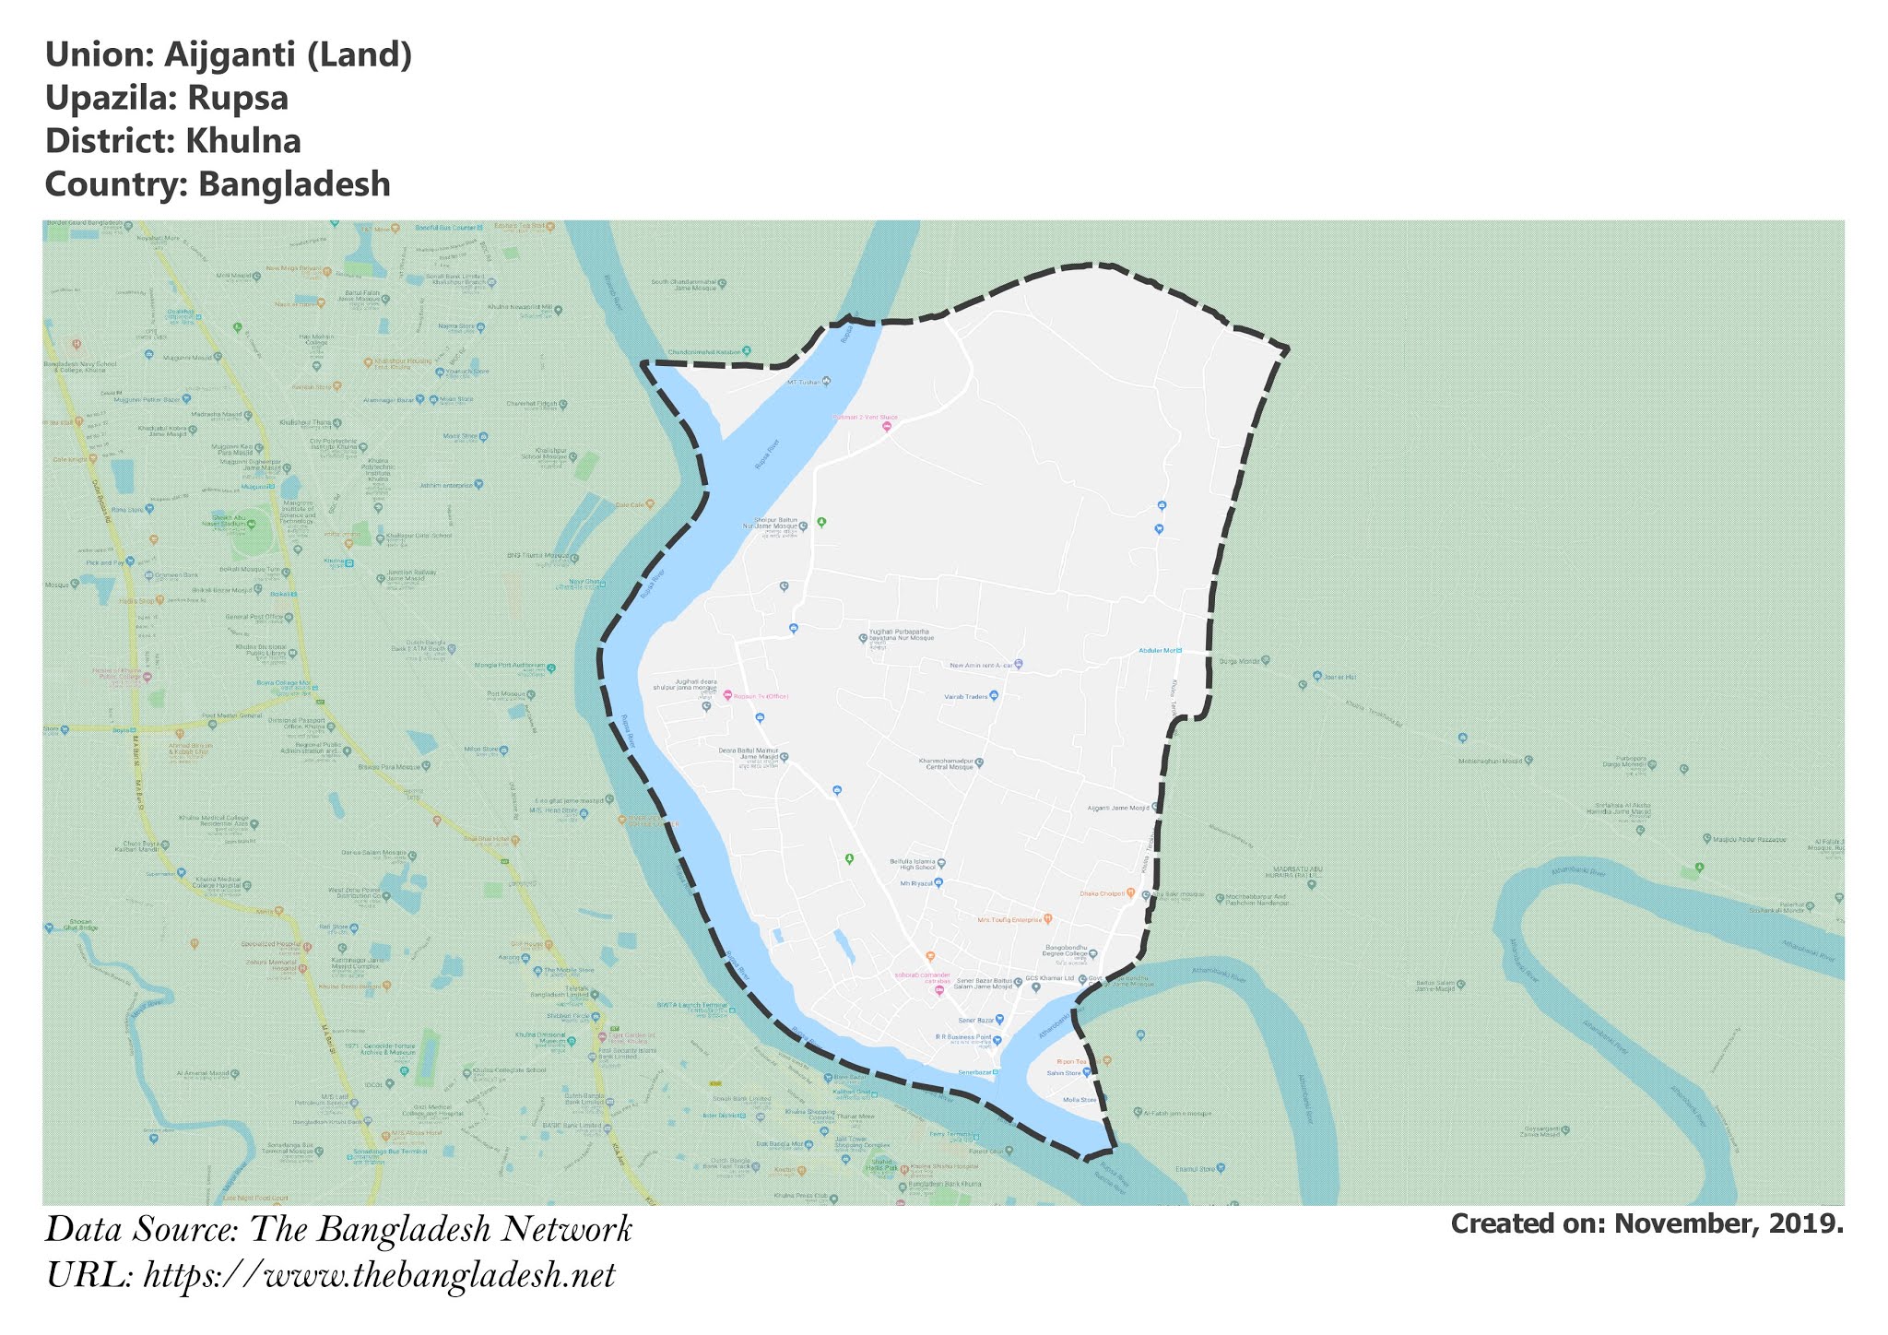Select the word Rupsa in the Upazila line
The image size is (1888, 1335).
239,99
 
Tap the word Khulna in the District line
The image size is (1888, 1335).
243,142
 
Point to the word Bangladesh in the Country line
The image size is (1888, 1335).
294,184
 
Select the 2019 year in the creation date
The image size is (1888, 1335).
1808,1224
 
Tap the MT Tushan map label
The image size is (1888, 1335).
803,382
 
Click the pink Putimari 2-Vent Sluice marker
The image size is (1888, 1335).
887,427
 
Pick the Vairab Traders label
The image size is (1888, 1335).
966,697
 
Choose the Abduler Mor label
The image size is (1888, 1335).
1158,651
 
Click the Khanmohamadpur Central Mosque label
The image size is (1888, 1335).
947,764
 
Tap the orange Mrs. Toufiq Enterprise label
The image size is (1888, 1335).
1009,920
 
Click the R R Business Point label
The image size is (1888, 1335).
963,1038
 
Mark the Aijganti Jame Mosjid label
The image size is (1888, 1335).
1118,808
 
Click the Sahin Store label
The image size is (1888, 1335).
1064,1073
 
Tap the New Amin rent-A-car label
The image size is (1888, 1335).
982,665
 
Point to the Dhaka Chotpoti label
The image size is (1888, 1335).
1103,893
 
